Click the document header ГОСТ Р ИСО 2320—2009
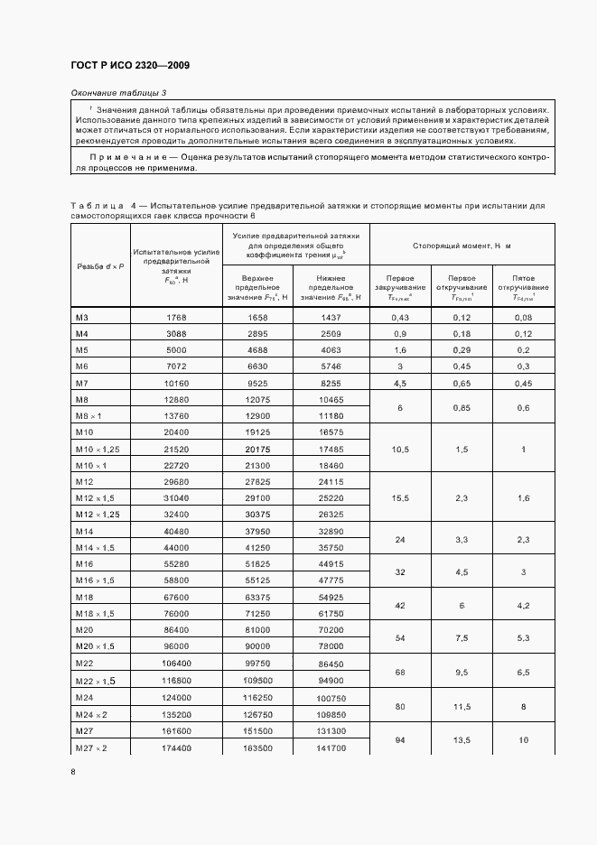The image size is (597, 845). click(129, 66)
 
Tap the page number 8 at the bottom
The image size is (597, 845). click(73, 772)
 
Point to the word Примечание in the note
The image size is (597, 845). click(115, 156)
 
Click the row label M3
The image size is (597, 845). click(81, 316)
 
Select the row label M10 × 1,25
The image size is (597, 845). click(98, 449)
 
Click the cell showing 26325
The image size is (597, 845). click(332, 515)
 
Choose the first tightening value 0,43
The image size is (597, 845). click(399, 316)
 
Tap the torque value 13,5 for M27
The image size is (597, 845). click(461, 739)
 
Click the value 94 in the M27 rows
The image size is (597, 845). click(399, 739)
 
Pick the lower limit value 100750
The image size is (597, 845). click(332, 698)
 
